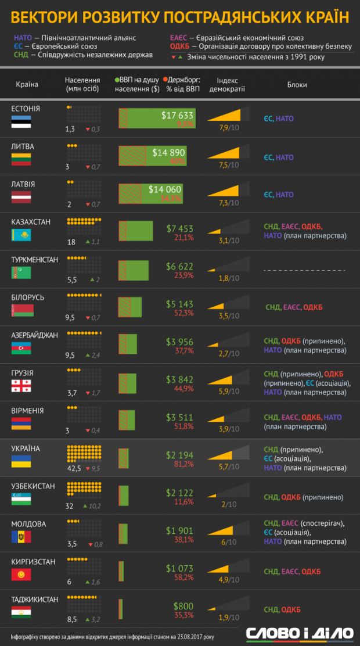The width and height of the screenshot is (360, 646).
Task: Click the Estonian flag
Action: [21, 121]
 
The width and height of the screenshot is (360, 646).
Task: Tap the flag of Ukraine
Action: [21, 462]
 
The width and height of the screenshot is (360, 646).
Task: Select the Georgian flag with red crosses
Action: [21, 386]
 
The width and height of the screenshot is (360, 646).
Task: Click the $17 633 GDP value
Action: [177, 115]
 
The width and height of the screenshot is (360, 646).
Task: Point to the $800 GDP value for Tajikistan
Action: [183, 606]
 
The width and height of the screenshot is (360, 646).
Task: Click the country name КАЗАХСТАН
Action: [31, 222]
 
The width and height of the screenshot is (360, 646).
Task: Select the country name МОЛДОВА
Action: [28, 523]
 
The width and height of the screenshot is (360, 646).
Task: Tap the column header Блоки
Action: [297, 85]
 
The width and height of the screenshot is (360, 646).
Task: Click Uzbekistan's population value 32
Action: [69, 506]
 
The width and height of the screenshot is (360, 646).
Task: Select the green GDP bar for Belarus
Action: [130, 307]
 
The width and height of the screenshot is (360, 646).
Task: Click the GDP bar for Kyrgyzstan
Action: [121, 572]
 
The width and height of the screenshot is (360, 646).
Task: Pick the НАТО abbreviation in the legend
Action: [23, 38]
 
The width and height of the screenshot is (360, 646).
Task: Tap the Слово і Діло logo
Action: [299, 633]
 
